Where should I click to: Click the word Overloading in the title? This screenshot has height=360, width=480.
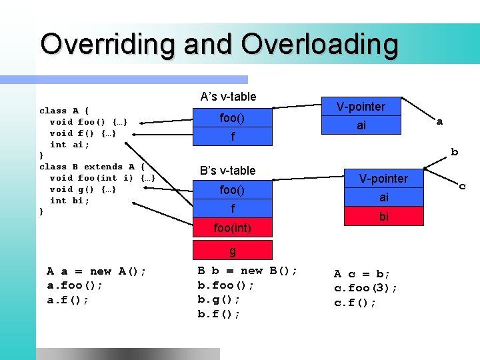(319, 45)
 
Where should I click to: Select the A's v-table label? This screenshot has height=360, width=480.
(228, 97)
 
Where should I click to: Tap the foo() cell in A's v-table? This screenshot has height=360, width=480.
(233, 118)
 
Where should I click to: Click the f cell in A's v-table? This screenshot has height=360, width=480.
(233, 137)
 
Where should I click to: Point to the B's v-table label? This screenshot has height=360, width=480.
(228, 171)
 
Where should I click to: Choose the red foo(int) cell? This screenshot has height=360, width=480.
(233, 228)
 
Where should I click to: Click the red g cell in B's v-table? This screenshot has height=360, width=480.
(233, 251)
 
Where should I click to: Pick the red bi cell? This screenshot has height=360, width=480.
(383, 217)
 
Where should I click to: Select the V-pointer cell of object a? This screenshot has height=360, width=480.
(361, 107)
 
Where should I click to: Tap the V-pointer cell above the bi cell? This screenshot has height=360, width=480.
(383, 179)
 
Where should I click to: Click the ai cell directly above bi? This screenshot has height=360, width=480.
(383, 197)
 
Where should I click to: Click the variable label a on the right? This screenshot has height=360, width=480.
(439, 122)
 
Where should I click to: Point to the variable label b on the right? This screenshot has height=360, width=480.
(455, 152)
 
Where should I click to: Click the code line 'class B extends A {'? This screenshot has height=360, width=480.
(97, 167)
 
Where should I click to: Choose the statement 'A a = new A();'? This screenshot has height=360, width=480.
(97, 271)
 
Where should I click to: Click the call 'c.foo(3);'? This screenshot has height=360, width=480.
(366, 288)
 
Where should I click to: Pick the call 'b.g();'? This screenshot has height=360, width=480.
(219, 299)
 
